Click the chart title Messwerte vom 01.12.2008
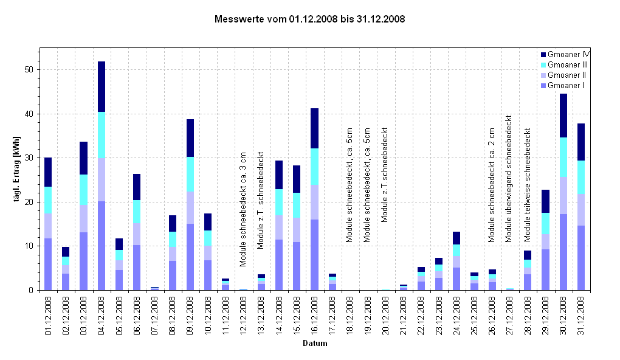coord(310,19)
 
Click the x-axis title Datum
coord(315,344)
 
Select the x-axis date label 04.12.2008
coord(102,316)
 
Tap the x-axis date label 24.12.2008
coord(456,316)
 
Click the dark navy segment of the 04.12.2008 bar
coord(101,86)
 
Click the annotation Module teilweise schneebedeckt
coord(528,184)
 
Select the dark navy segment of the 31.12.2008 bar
coord(581,142)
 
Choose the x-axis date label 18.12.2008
coord(350,316)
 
